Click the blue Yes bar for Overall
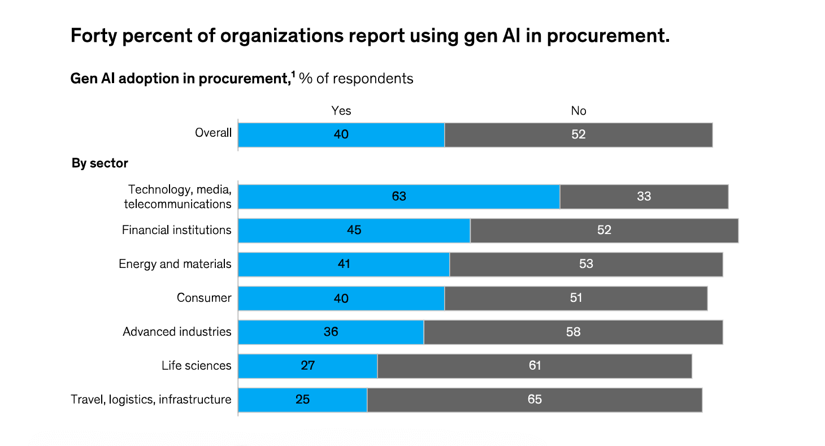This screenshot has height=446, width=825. click(x=341, y=135)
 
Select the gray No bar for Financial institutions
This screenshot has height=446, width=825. click(x=604, y=231)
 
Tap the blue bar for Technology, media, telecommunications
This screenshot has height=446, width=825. click(x=399, y=197)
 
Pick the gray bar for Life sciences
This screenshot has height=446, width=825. click(x=535, y=366)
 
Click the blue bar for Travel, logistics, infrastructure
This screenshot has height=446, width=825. click(x=302, y=400)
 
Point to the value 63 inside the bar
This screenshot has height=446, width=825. click(x=399, y=197)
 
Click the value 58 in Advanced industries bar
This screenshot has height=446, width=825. click(x=573, y=332)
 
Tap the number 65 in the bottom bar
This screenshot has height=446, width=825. click(x=535, y=400)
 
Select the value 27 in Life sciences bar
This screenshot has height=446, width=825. click(x=307, y=366)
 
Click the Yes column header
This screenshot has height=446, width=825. click(x=341, y=111)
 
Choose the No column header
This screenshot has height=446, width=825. click(x=579, y=111)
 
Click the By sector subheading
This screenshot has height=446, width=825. click(x=100, y=163)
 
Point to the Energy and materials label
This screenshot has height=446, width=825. click(x=175, y=264)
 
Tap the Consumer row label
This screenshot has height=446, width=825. click(x=204, y=298)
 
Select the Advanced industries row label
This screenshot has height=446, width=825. click(x=177, y=332)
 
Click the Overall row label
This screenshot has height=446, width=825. click(x=213, y=133)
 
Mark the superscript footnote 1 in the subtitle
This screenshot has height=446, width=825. click(x=293, y=75)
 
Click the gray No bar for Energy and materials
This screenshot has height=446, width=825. click(x=586, y=265)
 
